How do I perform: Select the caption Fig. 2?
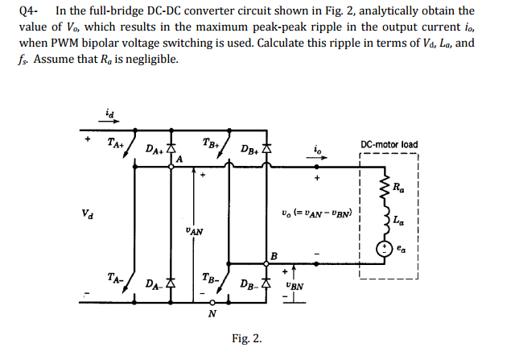click(246, 338)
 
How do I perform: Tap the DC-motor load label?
click(389, 145)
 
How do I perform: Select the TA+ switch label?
click(115, 144)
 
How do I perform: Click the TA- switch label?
click(115, 277)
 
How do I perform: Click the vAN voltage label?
click(194, 231)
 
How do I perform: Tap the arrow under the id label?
click(110, 123)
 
